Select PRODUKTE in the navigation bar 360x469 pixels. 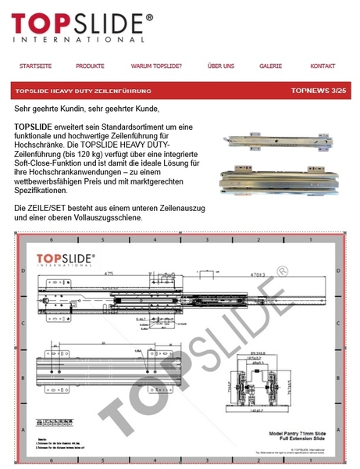click(90, 66)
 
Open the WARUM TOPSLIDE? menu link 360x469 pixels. click(157, 66)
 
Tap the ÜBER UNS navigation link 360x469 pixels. click(221, 66)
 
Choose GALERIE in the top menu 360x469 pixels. click(270, 66)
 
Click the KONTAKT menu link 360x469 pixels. click(323, 66)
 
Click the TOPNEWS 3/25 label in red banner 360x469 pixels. click(317, 91)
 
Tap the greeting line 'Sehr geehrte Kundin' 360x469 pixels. click(86, 108)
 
